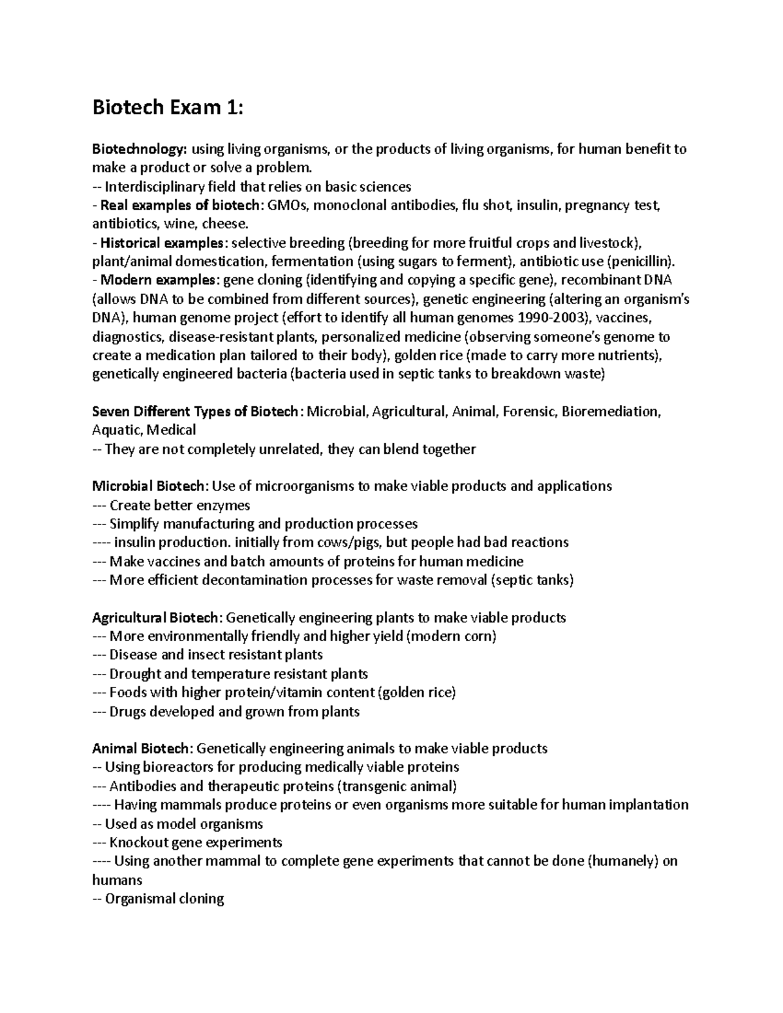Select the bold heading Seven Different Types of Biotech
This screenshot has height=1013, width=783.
[196, 412]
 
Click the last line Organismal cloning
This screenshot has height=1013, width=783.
[164, 899]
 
